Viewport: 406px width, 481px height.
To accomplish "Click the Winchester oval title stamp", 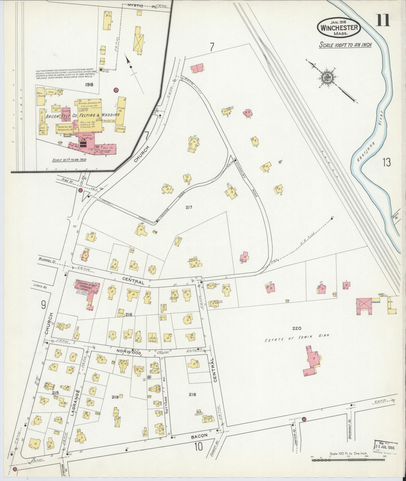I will tap(339, 27).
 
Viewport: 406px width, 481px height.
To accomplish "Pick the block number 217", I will tap(189, 207).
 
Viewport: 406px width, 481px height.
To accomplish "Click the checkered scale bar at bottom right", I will tap(348, 460).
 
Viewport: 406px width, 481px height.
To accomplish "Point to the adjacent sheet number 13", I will tap(386, 163).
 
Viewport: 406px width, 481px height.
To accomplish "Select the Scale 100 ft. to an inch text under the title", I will tap(345, 45).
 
